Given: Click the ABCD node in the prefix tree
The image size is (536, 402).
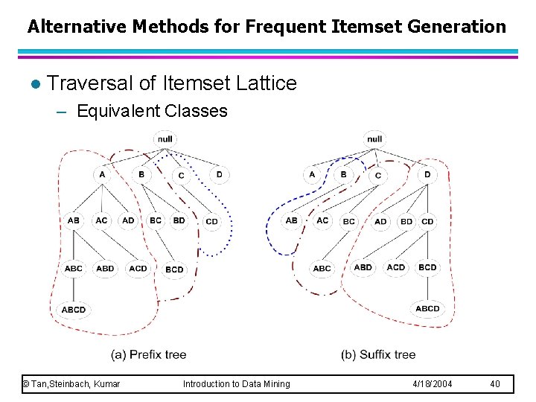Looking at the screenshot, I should tap(74, 309).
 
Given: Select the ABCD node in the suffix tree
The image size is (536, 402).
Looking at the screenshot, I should tap(427, 308).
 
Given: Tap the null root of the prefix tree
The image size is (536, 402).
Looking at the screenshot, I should tap(165, 138).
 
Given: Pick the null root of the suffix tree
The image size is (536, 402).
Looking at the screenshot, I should tap(374, 138).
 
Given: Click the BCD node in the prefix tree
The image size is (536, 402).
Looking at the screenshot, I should tap(174, 269).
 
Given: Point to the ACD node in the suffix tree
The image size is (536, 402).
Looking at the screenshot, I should tap(396, 267).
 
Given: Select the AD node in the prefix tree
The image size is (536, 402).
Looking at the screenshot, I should tap(129, 220).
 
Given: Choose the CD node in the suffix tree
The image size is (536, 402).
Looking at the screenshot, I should tap(427, 221).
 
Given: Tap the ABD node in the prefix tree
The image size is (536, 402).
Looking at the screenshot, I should tap(106, 268).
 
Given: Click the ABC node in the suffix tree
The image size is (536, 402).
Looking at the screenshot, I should tap(322, 269).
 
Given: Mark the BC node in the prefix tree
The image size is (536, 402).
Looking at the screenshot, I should tap(156, 220).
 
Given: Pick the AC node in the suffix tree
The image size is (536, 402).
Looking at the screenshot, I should tap(322, 220).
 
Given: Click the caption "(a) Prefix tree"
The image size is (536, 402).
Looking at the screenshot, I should tap(148, 354).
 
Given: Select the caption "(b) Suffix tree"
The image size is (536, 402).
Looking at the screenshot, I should tap(378, 354).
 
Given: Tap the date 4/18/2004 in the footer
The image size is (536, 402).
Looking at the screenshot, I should tap(433, 384).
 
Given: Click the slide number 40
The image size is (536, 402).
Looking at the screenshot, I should tap(495, 384).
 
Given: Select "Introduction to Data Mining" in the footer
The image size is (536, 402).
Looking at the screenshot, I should tap(237, 384).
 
